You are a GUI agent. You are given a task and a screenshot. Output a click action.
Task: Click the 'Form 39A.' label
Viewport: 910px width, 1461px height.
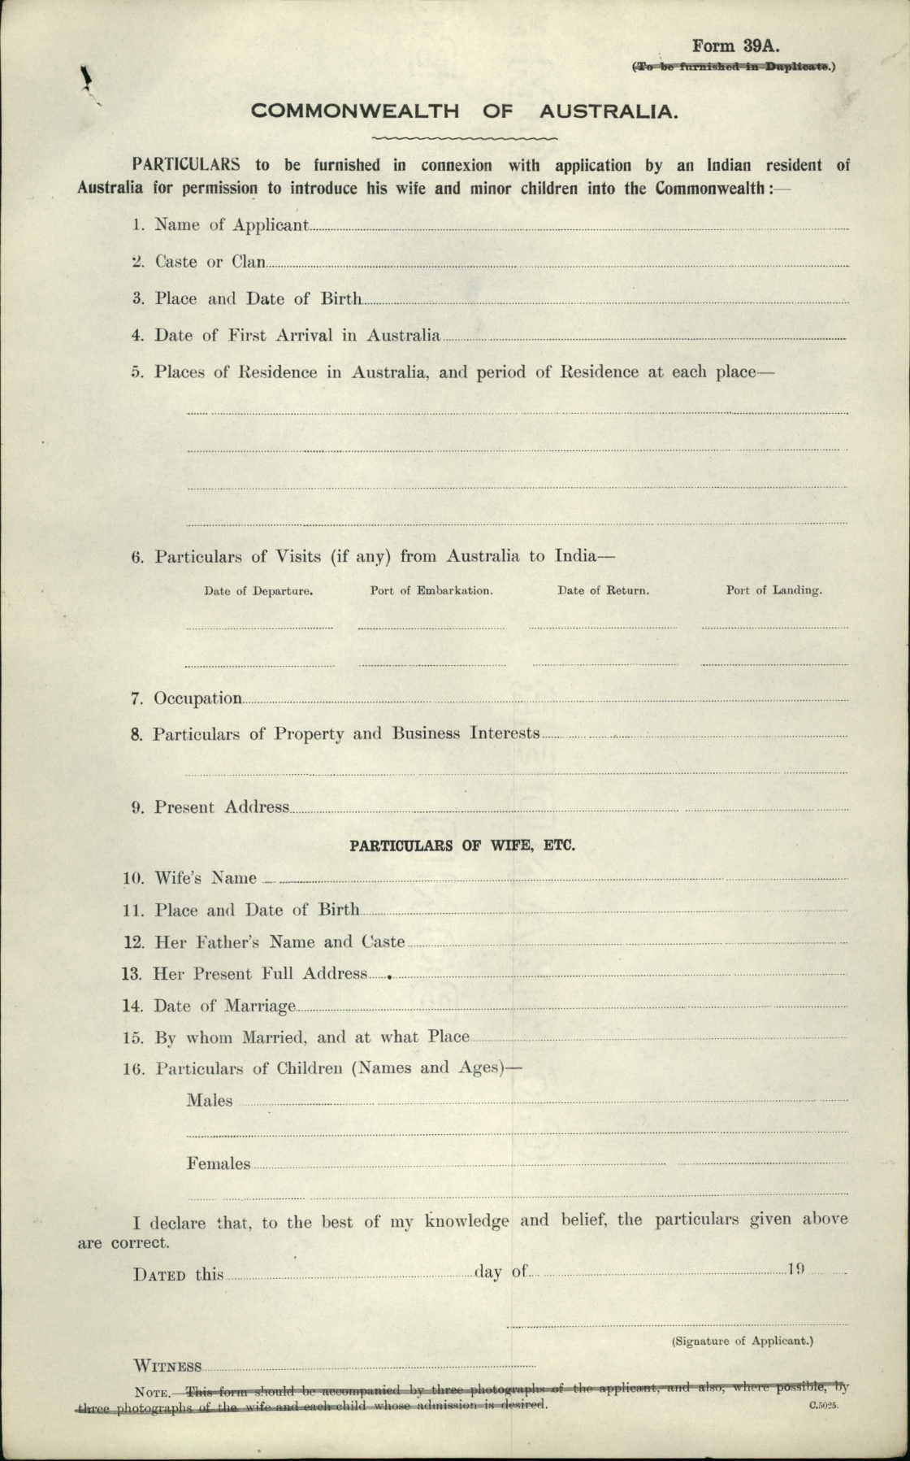735,46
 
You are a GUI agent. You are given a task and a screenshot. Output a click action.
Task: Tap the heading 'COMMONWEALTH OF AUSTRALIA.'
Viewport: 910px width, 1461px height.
464,111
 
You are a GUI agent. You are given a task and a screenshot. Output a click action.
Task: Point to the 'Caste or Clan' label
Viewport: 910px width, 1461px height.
210,262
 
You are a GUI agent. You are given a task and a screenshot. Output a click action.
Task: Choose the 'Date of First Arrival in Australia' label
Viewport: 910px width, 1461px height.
297,335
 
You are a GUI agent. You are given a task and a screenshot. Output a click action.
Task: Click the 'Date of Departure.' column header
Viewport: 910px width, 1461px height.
258,591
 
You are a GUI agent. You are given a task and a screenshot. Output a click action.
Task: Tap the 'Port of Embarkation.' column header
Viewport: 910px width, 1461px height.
431,591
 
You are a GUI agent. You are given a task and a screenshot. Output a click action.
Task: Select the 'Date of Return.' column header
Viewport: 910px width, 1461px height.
603,591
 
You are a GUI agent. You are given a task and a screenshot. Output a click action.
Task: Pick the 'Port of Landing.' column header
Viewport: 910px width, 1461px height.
773,591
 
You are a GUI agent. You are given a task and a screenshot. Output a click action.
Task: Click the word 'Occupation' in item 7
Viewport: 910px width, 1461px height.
198,698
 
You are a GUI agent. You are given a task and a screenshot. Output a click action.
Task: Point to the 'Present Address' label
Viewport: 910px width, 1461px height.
222,807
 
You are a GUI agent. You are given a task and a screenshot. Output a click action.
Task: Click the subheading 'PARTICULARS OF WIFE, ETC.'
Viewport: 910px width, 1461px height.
462,846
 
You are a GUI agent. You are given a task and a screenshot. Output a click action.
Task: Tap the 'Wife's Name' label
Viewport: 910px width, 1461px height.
206,878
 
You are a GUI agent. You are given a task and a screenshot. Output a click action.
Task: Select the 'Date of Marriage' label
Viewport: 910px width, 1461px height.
225,1007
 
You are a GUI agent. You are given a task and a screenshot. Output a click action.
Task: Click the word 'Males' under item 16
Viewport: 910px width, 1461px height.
210,1101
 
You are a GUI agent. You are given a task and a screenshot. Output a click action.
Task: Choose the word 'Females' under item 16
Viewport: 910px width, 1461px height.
219,1163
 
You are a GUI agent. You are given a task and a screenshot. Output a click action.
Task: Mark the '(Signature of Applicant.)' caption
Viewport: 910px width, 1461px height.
742,1341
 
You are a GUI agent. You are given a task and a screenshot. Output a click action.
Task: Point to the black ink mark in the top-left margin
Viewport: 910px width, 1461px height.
84,79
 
